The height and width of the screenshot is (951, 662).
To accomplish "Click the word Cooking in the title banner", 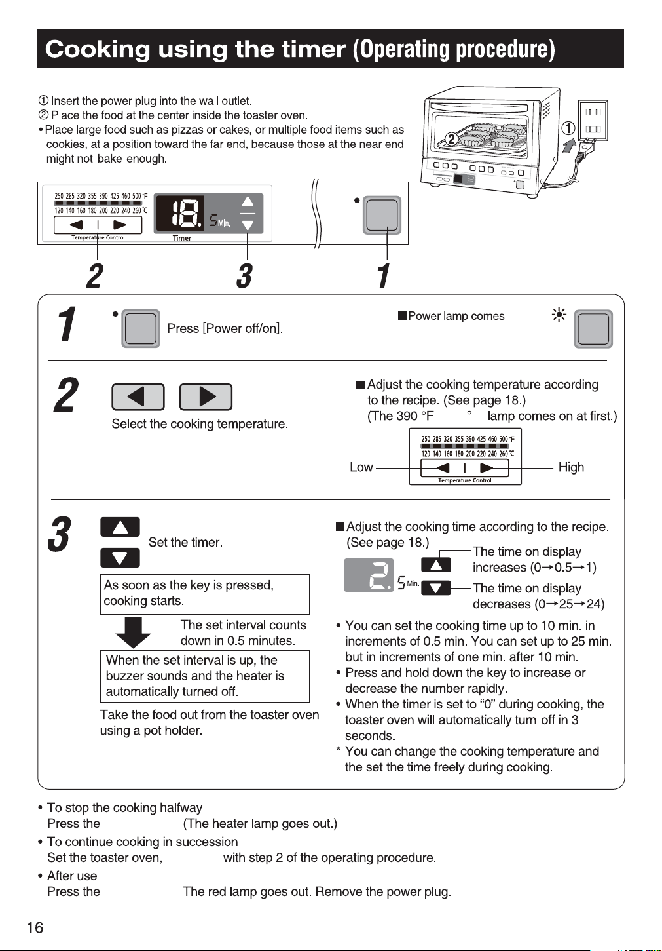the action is point(98,49).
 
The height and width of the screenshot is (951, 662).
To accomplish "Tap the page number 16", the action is point(35,927).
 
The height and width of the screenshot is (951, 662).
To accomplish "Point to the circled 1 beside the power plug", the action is point(568,128).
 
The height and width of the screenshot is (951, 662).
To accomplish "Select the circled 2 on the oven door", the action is point(452,138).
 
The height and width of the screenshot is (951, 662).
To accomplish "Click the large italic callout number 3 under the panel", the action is point(245,275).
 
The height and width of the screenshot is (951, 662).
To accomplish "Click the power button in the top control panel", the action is point(382,215).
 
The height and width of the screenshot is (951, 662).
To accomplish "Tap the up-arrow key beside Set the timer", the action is point(120,527).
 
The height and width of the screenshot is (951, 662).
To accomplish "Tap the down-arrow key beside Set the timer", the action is point(120,558).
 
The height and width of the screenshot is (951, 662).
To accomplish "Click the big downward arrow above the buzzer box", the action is point(133,632).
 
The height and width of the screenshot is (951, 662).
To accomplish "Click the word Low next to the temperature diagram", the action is point(361,467).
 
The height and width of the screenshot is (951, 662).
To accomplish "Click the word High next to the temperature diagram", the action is point(571,467).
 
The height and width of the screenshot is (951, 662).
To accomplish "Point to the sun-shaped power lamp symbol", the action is point(559,315).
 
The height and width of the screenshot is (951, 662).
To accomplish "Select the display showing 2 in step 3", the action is point(369,575).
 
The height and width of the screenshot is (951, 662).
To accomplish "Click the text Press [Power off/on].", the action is point(225,328).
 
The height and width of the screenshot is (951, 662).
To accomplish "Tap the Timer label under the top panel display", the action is point(182,238).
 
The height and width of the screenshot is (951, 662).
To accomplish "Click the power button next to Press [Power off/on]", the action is point(141,328).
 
